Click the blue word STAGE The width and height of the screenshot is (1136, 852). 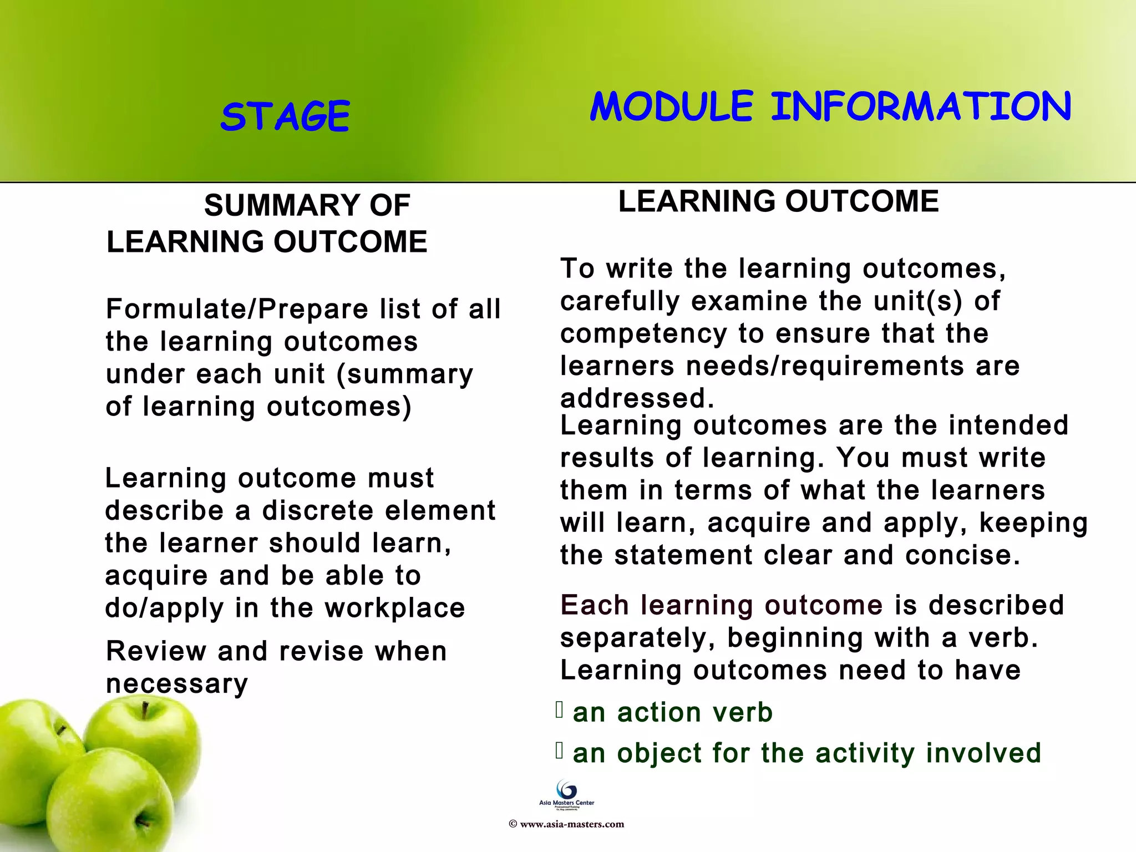pyautogui.click(x=285, y=116)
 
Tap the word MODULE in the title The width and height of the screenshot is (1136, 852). pyautogui.click(x=671, y=106)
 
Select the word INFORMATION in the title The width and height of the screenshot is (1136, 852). pyautogui.click(x=921, y=106)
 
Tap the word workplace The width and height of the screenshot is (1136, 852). pyautogui.click(x=395, y=608)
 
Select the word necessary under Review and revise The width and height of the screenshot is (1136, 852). pyautogui.click(x=176, y=684)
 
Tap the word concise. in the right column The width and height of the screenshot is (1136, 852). pyautogui.click(x=963, y=555)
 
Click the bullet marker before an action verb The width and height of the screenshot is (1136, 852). pyautogui.click(x=560, y=709)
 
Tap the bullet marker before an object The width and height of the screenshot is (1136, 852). pyautogui.click(x=560, y=750)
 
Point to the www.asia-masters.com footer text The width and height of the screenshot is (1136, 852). pyautogui.click(x=571, y=824)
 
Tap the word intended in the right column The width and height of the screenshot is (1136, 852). pyautogui.click(x=1008, y=425)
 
